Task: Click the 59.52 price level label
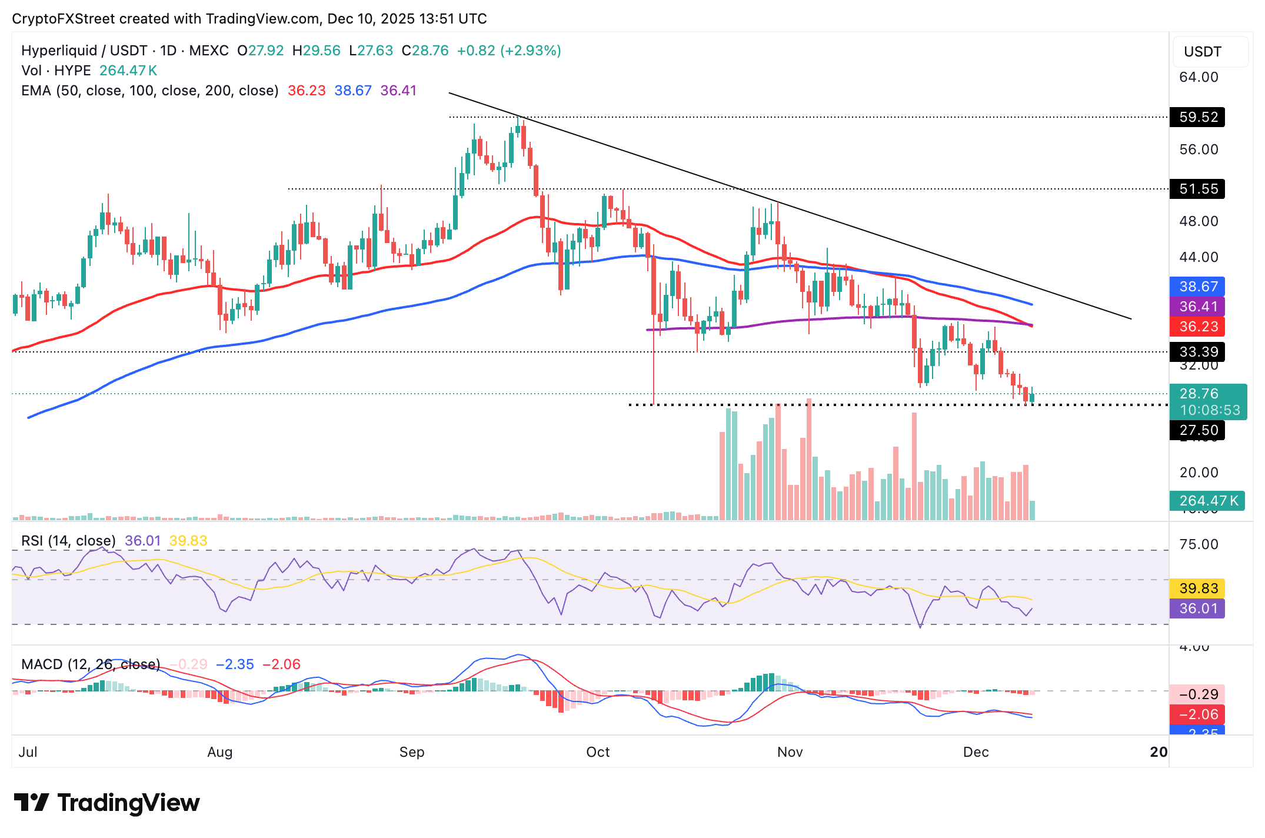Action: [x=1197, y=117]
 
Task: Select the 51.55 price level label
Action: [x=1197, y=189]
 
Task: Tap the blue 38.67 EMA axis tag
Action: [x=1197, y=287]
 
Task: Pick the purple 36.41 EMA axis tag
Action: [x=1197, y=307]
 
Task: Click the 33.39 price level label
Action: [x=1197, y=352]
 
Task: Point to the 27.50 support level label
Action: [x=1197, y=430]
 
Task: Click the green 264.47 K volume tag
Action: [x=1207, y=501]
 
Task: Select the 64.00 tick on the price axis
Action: [x=1199, y=77]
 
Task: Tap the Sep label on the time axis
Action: [x=411, y=752]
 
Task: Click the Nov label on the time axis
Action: [x=790, y=752]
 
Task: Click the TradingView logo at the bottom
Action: [x=107, y=803]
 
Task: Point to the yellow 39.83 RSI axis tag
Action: [x=1197, y=588]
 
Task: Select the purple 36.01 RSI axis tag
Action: [x=1197, y=608]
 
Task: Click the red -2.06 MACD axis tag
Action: [x=1197, y=714]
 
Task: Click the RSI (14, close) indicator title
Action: [x=68, y=541]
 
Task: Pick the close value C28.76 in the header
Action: [x=425, y=51]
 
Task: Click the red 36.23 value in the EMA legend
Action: [x=307, y=91]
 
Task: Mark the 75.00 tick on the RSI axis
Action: [x=1199, y=544]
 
